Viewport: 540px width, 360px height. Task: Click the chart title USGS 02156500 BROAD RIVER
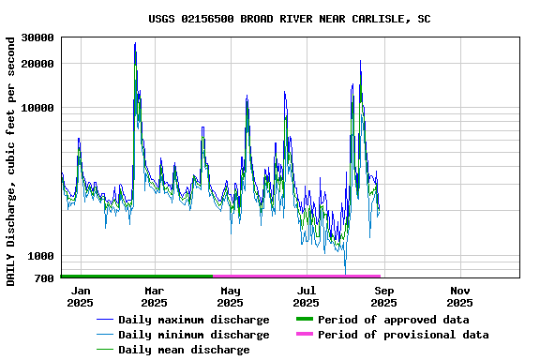point(290,19)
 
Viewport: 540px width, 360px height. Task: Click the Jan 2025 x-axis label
point(80,296)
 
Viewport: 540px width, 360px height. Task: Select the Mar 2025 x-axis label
point(154,296)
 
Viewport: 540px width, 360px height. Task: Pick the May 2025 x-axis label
point(230,296)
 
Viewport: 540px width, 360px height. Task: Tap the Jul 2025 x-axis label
point(306,296)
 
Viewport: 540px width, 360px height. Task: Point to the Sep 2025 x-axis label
point(383,296)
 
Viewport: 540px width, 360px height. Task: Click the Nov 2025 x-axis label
point(459,296)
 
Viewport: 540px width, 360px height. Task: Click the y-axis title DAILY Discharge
point(10,161)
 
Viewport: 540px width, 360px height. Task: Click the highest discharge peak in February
point(135,43)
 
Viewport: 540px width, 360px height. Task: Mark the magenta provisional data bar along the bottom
point(296,277)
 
